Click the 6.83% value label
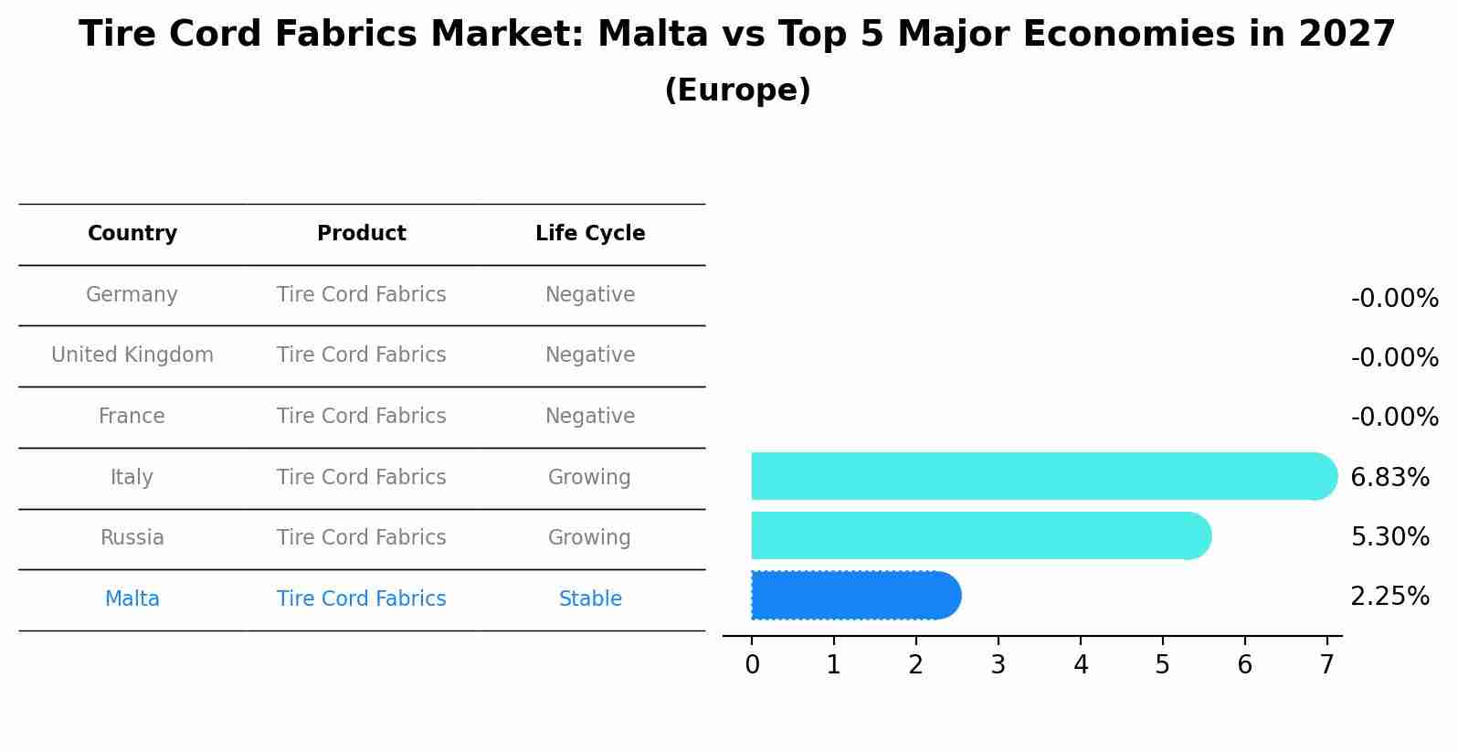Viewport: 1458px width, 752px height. (x=1389, y=477)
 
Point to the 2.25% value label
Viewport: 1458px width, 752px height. (x=1389, y=597)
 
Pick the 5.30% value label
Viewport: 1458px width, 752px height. (x=1389, y=536)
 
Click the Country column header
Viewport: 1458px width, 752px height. (x=132, y=234)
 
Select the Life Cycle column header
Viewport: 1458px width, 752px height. (x=590, y=234)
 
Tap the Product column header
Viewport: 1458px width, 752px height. (x=362, y=234)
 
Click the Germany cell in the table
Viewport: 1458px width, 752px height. (x=132, y=295)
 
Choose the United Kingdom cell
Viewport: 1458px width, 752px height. (x=132, y=355)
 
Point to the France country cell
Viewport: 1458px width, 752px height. (x=132, y=417)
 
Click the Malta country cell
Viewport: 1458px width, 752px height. (x=132, y=599)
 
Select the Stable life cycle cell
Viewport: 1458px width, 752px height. (x=590, y=599)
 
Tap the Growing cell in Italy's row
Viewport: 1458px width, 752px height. (x=589, y=478)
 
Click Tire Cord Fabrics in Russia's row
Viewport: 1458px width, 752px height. (x=362, y=538)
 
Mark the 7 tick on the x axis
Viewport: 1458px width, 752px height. (x=1327, y=665)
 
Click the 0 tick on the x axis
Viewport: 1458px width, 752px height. (x=752, y=665)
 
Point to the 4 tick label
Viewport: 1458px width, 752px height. (x=1081, y=665)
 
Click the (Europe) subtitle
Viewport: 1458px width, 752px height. (x=737, y=90)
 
